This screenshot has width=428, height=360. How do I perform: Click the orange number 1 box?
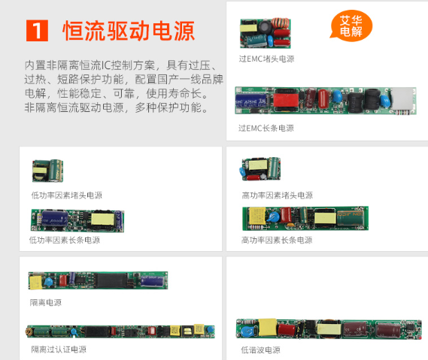(37, 31)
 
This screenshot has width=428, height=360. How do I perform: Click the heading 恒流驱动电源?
(129, 31)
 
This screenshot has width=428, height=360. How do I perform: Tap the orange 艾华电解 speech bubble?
(351, 26)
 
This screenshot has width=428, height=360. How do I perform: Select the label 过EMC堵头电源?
(266, 59)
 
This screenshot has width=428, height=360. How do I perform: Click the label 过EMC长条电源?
(266, 128)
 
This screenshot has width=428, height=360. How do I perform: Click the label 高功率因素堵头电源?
(277, 195)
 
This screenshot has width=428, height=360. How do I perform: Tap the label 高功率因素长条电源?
(276, 240)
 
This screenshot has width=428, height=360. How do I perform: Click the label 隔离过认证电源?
(59, 349)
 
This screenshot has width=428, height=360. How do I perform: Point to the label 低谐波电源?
(260, 349)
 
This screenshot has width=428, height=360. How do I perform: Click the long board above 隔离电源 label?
(98, 280)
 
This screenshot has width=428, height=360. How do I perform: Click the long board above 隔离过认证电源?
(120, 331)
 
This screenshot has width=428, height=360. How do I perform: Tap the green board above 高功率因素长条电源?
(305, 217)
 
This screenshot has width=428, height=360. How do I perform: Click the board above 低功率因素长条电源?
(77, 219)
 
